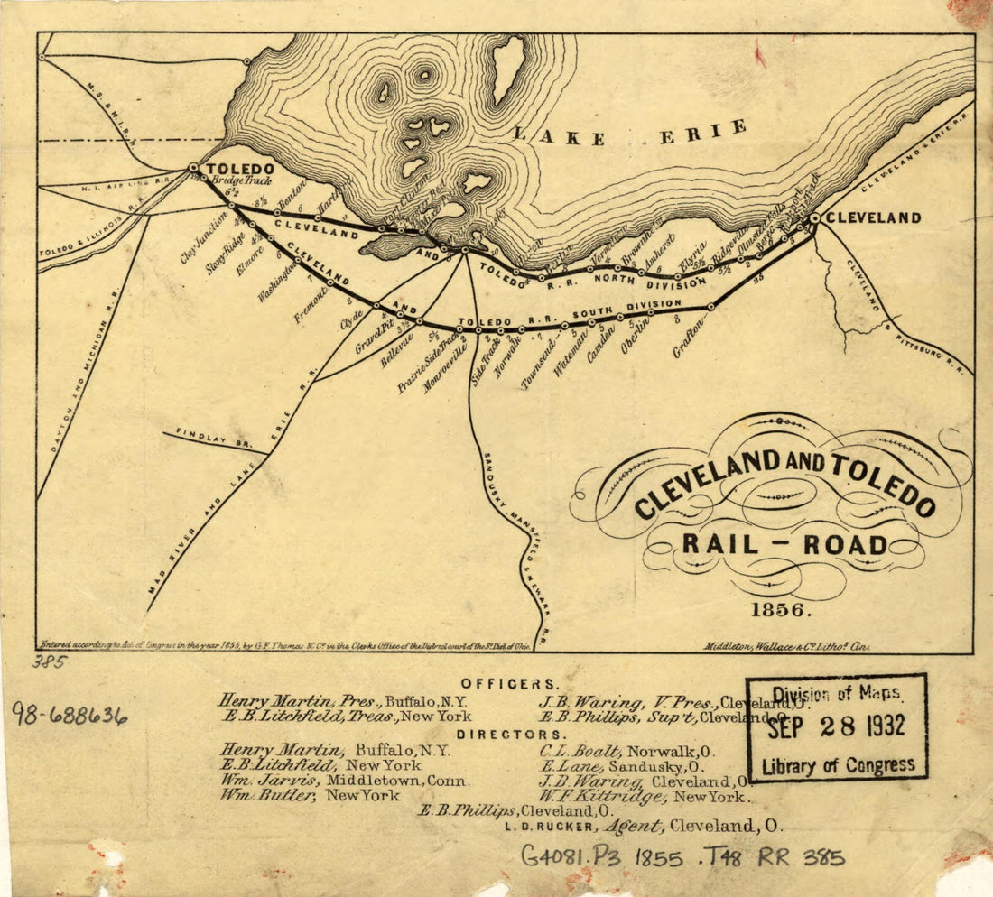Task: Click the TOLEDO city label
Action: click(240, 169)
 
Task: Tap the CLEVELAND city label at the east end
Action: click(873, 217)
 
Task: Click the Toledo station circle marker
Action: click(193, 168)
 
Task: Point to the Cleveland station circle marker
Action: click(814, 218)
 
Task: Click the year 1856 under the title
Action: click(777, 609)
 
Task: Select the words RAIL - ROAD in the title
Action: click(784, 544)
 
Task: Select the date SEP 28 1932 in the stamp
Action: click(836, 727)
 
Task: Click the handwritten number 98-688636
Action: click(69, 715)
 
